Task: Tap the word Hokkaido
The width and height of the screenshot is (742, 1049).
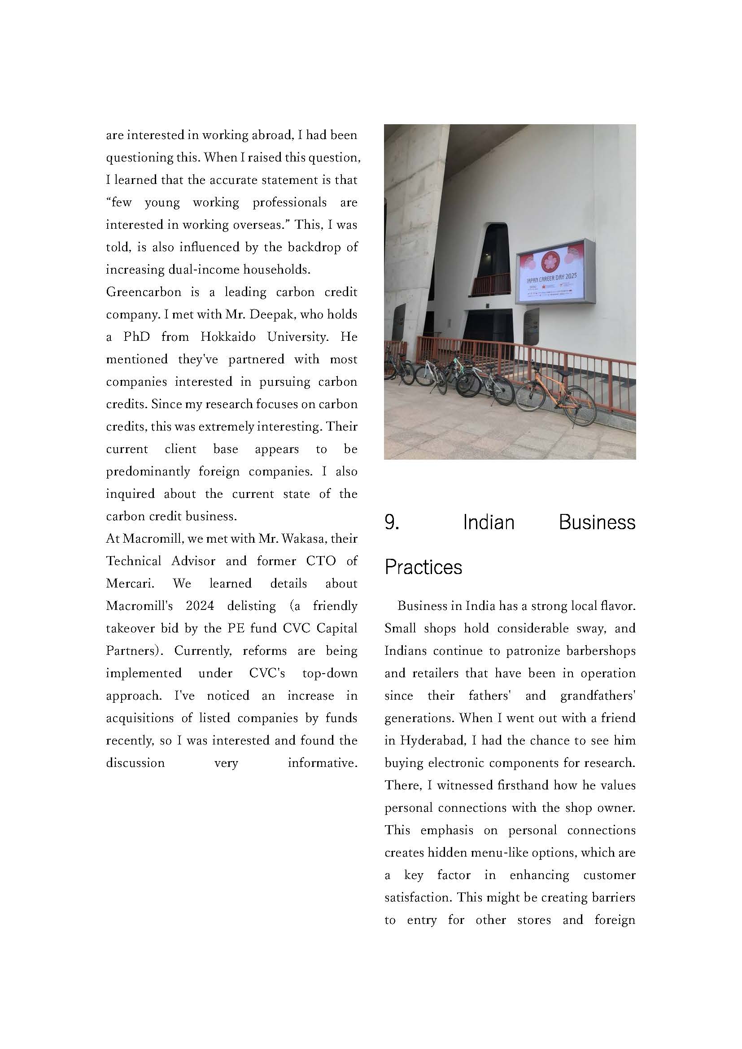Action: [x=227, y=337]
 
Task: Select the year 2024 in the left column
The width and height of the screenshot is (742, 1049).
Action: [x=200, y=606]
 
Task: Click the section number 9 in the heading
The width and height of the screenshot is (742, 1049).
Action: [x=392, y=522]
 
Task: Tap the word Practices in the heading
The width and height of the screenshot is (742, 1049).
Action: [x=423, y=567]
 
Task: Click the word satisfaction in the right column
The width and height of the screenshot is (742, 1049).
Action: [x=419, y=897]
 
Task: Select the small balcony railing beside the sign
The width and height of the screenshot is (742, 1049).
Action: [x=490, y=284]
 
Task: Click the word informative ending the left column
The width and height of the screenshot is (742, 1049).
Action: [x=322, y=762]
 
